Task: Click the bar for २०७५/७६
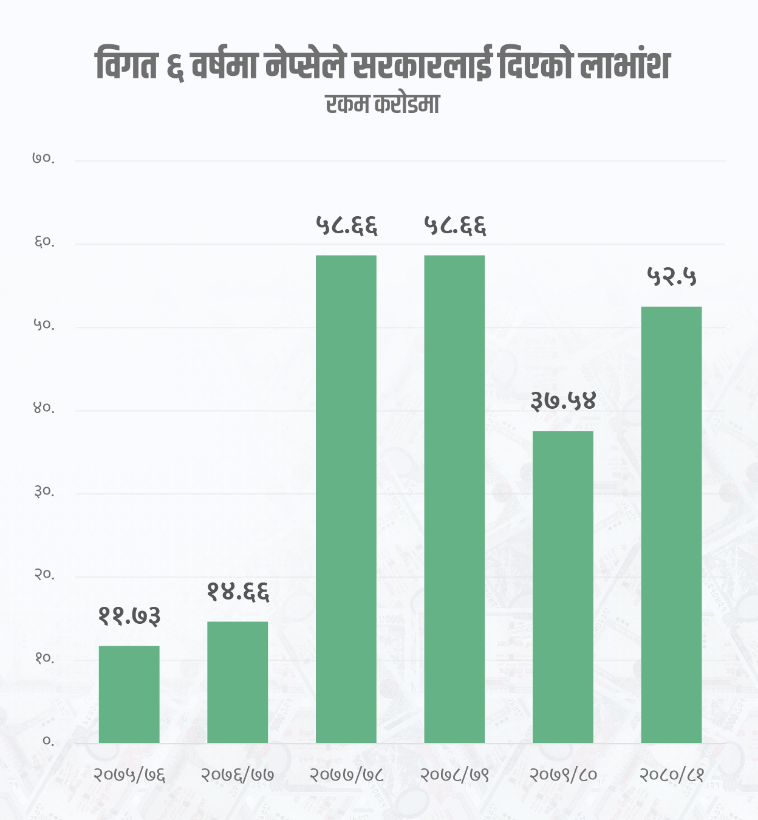click(129, 694)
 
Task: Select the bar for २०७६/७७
click(237, 682)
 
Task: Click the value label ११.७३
click(129, 617)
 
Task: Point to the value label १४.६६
click(237, 592)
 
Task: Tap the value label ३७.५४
click(564, 401)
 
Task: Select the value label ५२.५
click(672, 277)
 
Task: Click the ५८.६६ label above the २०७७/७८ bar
click(346, 226)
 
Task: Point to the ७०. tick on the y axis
click(44, 159)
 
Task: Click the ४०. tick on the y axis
click(44, 409)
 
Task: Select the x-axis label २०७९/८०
click(563, 775)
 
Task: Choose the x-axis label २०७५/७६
click(129, 775)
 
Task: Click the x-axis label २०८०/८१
click(671, 775)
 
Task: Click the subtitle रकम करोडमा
click(382, 104)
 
